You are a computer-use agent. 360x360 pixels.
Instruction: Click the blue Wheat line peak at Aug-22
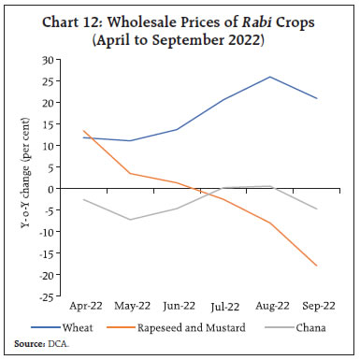point(269,77)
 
